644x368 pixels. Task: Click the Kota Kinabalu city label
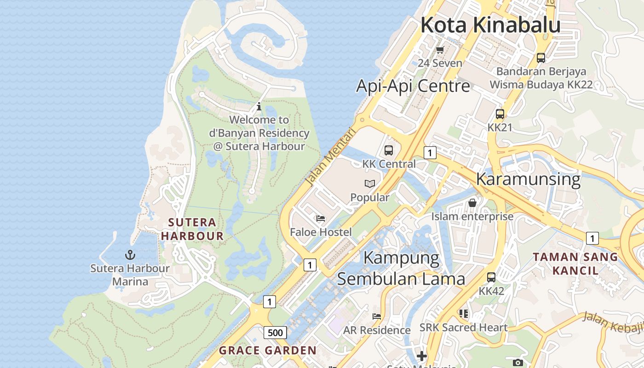tap(490, 25)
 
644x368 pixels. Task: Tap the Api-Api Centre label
tap(413, 86)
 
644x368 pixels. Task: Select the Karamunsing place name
tap(528, 179)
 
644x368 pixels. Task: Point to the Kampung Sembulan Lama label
tap(401, 268)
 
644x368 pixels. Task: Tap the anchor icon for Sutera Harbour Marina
tap(130, 254)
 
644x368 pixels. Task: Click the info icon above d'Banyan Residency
tap(259, 107)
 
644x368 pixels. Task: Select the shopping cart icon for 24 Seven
tap(440, 50)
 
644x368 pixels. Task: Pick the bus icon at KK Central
tap(389, 150)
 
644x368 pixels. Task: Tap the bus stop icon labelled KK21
tap(500, 114)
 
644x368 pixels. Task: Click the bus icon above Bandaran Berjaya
tap(541, 58)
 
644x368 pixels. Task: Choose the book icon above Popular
tap(370, 184)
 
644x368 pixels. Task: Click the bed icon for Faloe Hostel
tap(321, 218)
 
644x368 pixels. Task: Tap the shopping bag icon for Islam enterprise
tap(472, 203)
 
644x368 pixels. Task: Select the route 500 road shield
tap(276, 333)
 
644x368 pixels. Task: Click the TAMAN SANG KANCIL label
tap(575, 264)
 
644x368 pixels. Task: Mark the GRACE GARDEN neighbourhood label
tap(268, 351)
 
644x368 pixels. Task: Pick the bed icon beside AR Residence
tap(377, 316)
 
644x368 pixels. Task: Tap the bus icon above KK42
tap(491, 277)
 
